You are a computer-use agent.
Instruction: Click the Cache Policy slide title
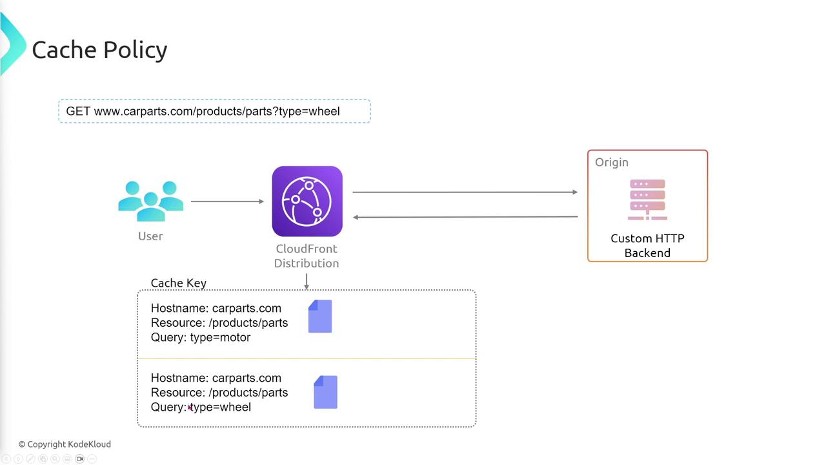[x=99, y=50]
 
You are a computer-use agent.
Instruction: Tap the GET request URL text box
[x=214, y=111]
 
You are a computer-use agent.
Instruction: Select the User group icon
[x=151, y=201]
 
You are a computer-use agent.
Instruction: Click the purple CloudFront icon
[x=307, y=201]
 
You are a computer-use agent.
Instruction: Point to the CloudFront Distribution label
[x=307, y=256]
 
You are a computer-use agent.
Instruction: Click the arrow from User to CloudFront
[x=227, y=201]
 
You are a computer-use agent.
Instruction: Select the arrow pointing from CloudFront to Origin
[x=465, y=192]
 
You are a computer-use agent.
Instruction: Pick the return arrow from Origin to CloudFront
[x=465, y=217]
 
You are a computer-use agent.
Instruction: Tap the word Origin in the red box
[x=612, y=162]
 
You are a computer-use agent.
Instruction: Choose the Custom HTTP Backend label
[x=647, y=245]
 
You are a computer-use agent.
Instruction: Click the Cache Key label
[x=178, y=283]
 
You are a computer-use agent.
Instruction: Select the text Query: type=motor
[x=201, y=337]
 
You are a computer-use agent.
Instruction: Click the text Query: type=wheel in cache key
[x=201, y=407]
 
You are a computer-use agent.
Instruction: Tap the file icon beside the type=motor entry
[x=320, y=316]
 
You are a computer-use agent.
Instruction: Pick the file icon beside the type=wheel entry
[x=325, y=392]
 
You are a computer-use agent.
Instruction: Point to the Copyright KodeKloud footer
[x=65, y=444]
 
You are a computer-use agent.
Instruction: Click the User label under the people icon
[x=150, y=236]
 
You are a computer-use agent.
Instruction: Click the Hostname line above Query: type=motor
[x=216, y=308]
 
